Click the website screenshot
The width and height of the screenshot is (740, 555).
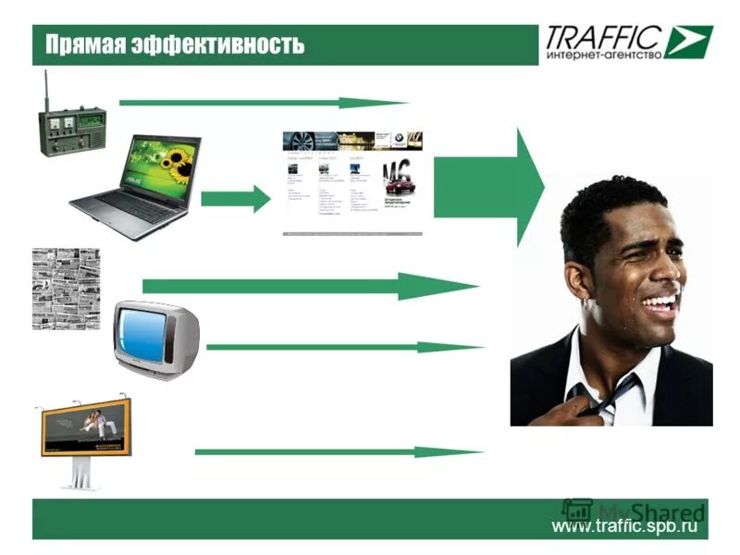(352, 182)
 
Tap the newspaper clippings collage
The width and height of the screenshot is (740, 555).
(66, 288)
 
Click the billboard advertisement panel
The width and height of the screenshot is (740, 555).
(86, 427)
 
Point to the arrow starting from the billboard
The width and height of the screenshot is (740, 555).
(339, 452)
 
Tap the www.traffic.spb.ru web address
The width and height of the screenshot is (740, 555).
(623, 526)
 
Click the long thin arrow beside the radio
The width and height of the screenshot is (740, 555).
(263, 103)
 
